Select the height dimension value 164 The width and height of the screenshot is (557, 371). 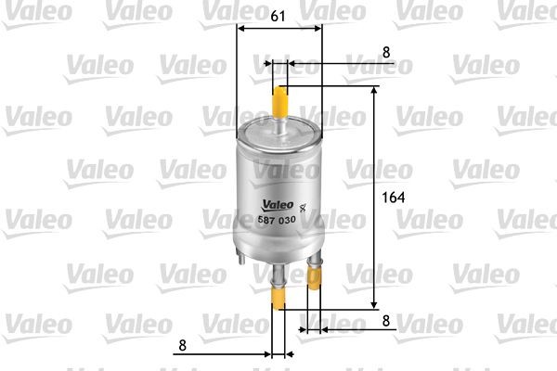[x=395, y=198]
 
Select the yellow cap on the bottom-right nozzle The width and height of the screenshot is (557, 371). [x=315, y=292]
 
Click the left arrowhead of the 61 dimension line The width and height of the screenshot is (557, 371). [x=242, y=28]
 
